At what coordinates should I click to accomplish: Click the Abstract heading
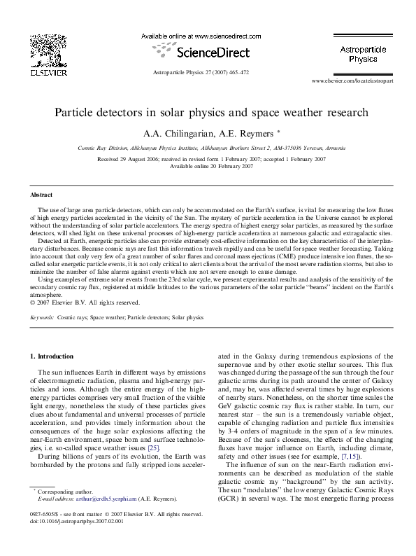[41, 194]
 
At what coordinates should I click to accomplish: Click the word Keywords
[43, 317]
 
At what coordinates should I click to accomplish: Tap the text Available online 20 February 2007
[208, 166]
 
